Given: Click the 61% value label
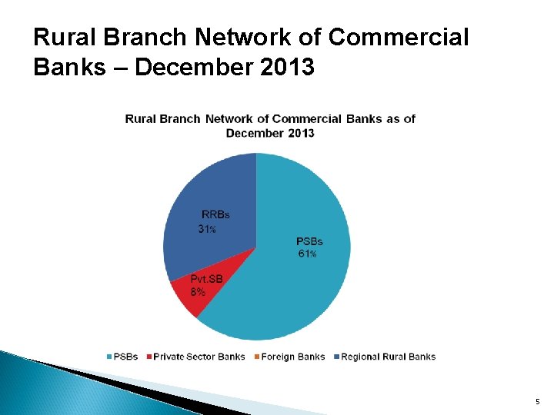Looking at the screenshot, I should pyautogui.click(x=308, y=254).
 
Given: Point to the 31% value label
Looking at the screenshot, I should pyautogui.click(x=207, y=229).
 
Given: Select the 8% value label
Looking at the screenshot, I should pyautogui.click(x=198, y=292).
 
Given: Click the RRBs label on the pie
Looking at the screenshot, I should pyautogui.click(x=215, y=214).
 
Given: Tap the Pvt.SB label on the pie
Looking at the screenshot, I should pyautogui.click(x=206, y=279).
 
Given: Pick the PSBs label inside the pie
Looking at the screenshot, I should pyautogui.click(x=310, y=241).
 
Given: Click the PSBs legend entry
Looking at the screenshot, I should pyautogui.click(x=123, y=357).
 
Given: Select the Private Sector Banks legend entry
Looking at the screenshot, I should pyautogui.click(x=199, y=357).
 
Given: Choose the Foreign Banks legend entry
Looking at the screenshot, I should pyautogui.click(x=293, y=357).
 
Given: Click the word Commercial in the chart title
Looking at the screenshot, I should pyautogui.click(x=307, y=118).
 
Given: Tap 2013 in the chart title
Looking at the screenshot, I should pyautogui.click(x=301, y=133).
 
